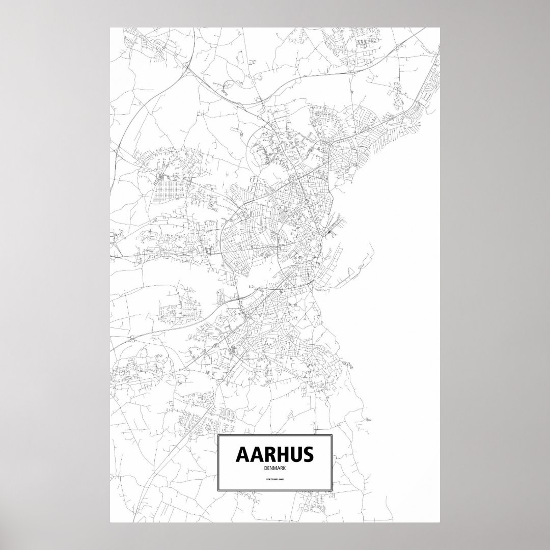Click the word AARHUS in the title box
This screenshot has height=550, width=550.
pyautogui.click(x=274, y=455)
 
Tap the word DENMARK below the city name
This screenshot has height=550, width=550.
pyautogui.click(x=274, y=468)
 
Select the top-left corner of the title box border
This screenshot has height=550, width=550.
pyautogui.click(x=217, y=436)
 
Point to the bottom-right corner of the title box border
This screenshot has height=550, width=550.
pyautogui.click(x=332, y=490)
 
